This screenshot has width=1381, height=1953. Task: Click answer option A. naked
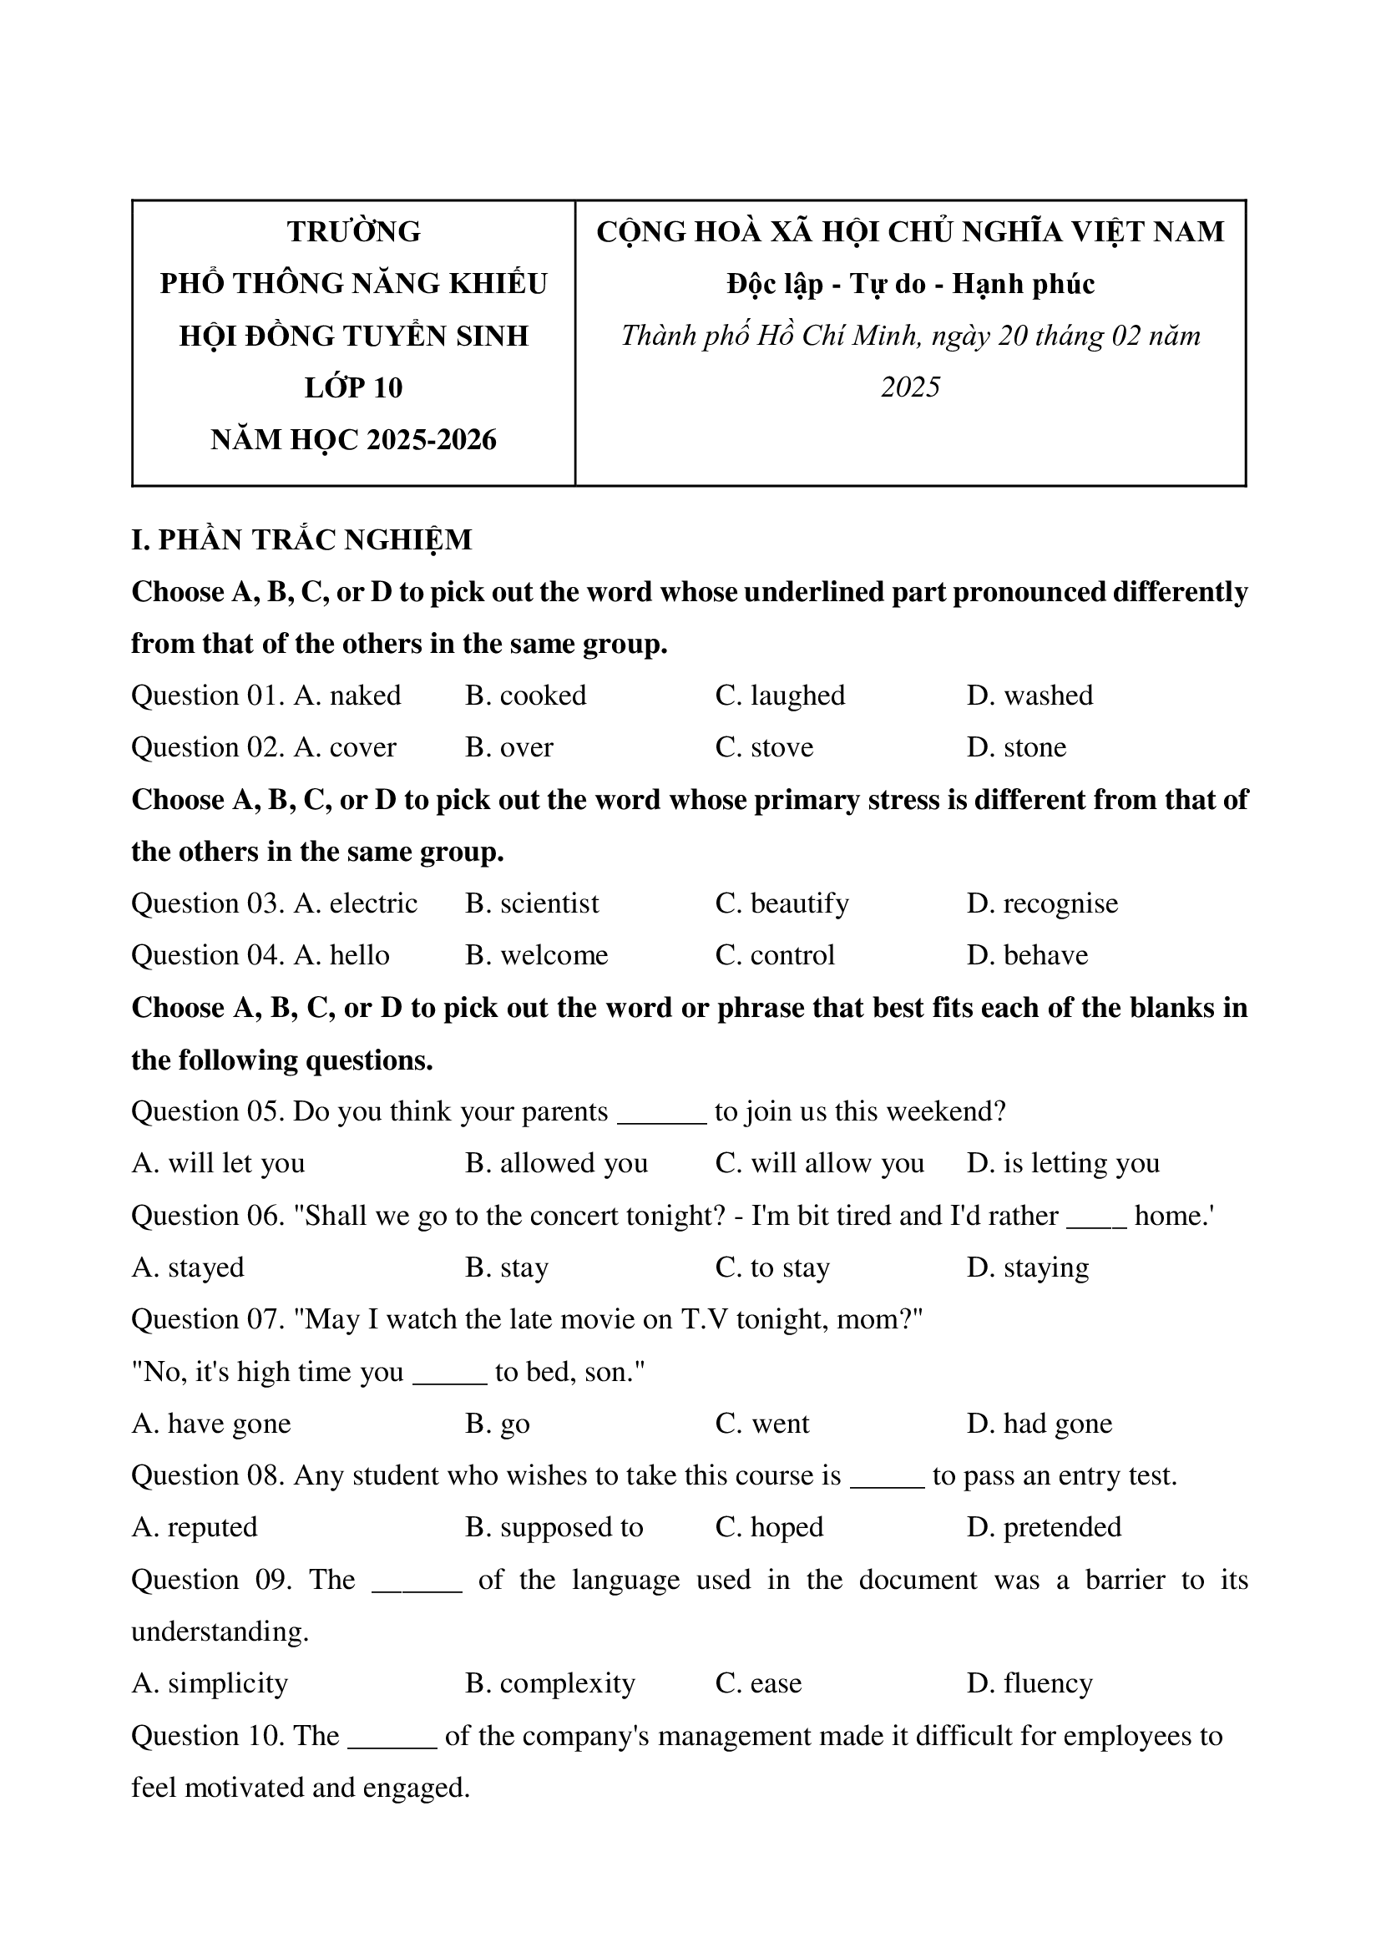pos(347,696)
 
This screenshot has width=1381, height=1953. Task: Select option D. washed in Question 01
pos(1029,696)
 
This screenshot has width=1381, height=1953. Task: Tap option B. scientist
pos(532,903)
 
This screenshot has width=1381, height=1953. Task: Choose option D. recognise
pos(1042,903)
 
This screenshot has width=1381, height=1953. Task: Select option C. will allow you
pos(819,1164)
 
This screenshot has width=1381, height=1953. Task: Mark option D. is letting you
pos(1062,1164)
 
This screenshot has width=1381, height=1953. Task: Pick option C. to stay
pos(772,1267)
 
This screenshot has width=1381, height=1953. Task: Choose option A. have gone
pos(211,1424)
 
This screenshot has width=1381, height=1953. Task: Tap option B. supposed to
pos(554,1528)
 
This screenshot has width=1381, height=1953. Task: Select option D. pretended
pos(1044,1528)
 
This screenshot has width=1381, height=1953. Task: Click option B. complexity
pos(549,1683)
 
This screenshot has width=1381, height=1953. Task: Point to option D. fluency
pos(1029,1683)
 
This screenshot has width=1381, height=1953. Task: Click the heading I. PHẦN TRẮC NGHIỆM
pos(301,540)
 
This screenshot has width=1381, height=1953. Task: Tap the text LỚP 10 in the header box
pos(354,388)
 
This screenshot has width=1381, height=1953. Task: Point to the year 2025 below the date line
pos(910,388)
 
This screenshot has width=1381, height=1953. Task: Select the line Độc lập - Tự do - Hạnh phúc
pos(910,284)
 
